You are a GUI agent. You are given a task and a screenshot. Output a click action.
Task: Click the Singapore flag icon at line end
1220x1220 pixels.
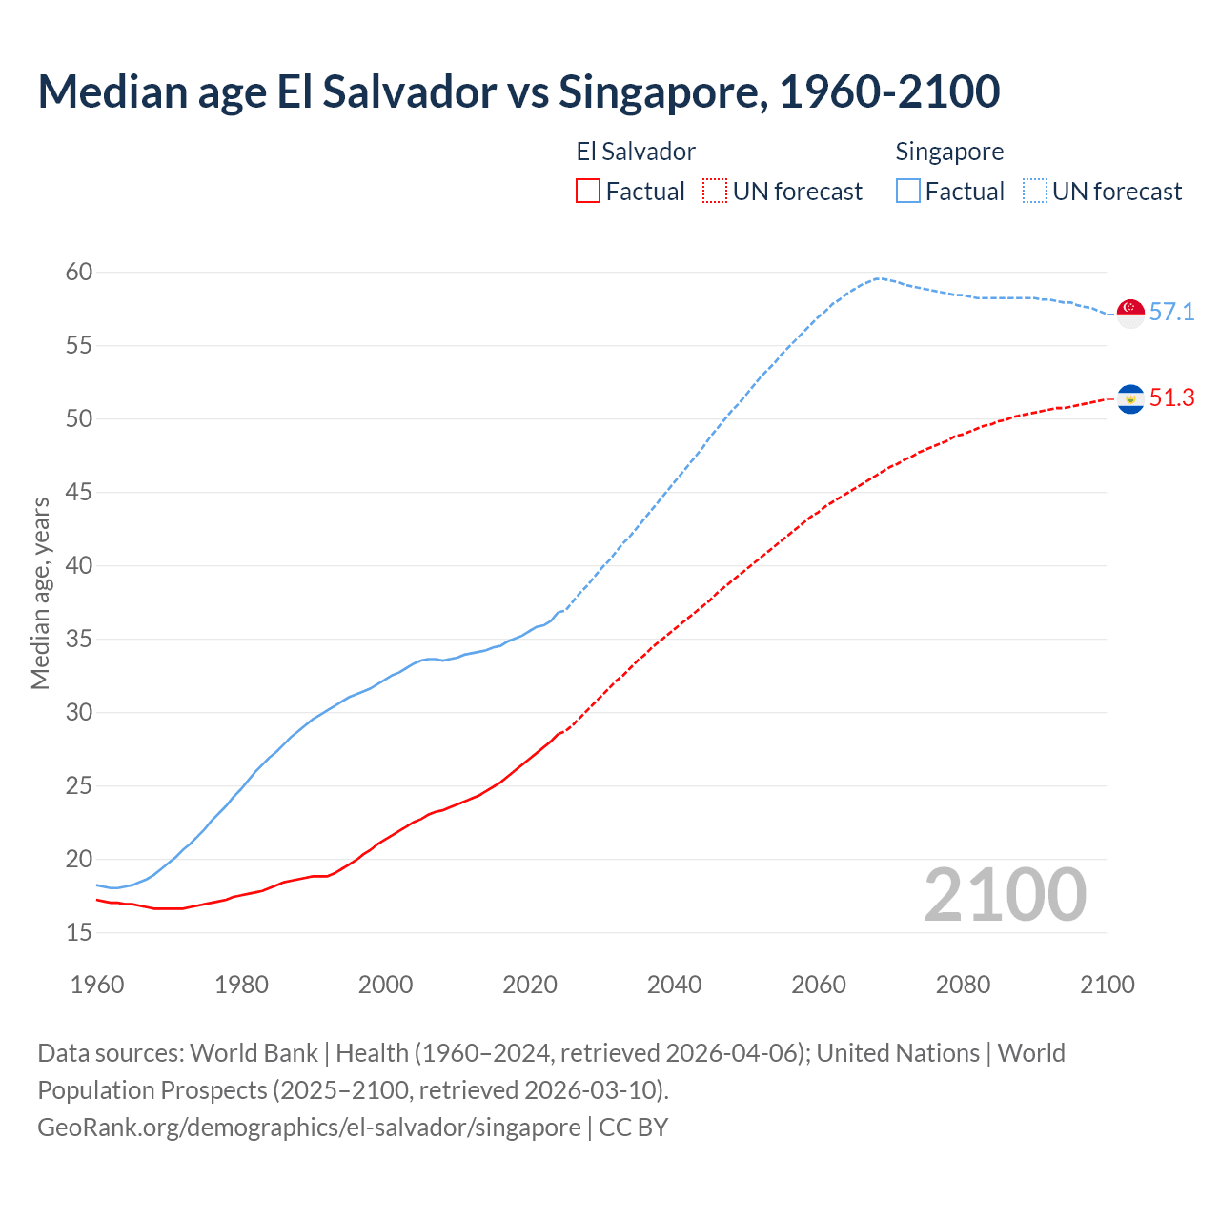1130,313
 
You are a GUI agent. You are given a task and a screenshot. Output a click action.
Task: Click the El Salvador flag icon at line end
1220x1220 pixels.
1130,398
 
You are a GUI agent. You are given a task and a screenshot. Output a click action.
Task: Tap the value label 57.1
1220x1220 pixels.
1171,313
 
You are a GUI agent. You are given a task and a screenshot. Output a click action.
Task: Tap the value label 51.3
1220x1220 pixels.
1171,398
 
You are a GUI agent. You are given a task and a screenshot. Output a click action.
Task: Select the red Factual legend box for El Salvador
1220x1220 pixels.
588,192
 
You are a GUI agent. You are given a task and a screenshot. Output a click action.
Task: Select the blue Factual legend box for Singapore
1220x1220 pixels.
908,192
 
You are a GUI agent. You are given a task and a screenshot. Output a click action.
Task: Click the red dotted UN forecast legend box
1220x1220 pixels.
715,192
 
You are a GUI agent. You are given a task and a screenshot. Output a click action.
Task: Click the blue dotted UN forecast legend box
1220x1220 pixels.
1034,192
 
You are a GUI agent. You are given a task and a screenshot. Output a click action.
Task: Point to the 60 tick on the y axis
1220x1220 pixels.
79,273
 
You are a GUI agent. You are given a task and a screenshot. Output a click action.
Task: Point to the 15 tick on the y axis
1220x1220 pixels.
79,933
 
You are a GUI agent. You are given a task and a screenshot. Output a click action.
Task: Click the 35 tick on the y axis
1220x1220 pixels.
79,640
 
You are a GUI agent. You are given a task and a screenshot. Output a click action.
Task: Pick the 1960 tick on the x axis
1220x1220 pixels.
97,985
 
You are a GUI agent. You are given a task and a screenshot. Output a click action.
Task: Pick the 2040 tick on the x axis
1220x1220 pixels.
674,985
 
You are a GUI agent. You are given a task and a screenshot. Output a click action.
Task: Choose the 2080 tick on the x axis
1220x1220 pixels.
963,985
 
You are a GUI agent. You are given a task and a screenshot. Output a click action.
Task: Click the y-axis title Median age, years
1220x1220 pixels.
40,593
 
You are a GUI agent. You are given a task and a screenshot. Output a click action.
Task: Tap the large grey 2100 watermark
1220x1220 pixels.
1005,895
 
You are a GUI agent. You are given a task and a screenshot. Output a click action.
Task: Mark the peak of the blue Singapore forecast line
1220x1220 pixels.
877,278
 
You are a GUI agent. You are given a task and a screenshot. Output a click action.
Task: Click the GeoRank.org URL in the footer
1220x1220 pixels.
309,1128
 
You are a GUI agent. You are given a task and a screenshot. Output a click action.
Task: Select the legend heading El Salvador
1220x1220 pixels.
636,152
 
